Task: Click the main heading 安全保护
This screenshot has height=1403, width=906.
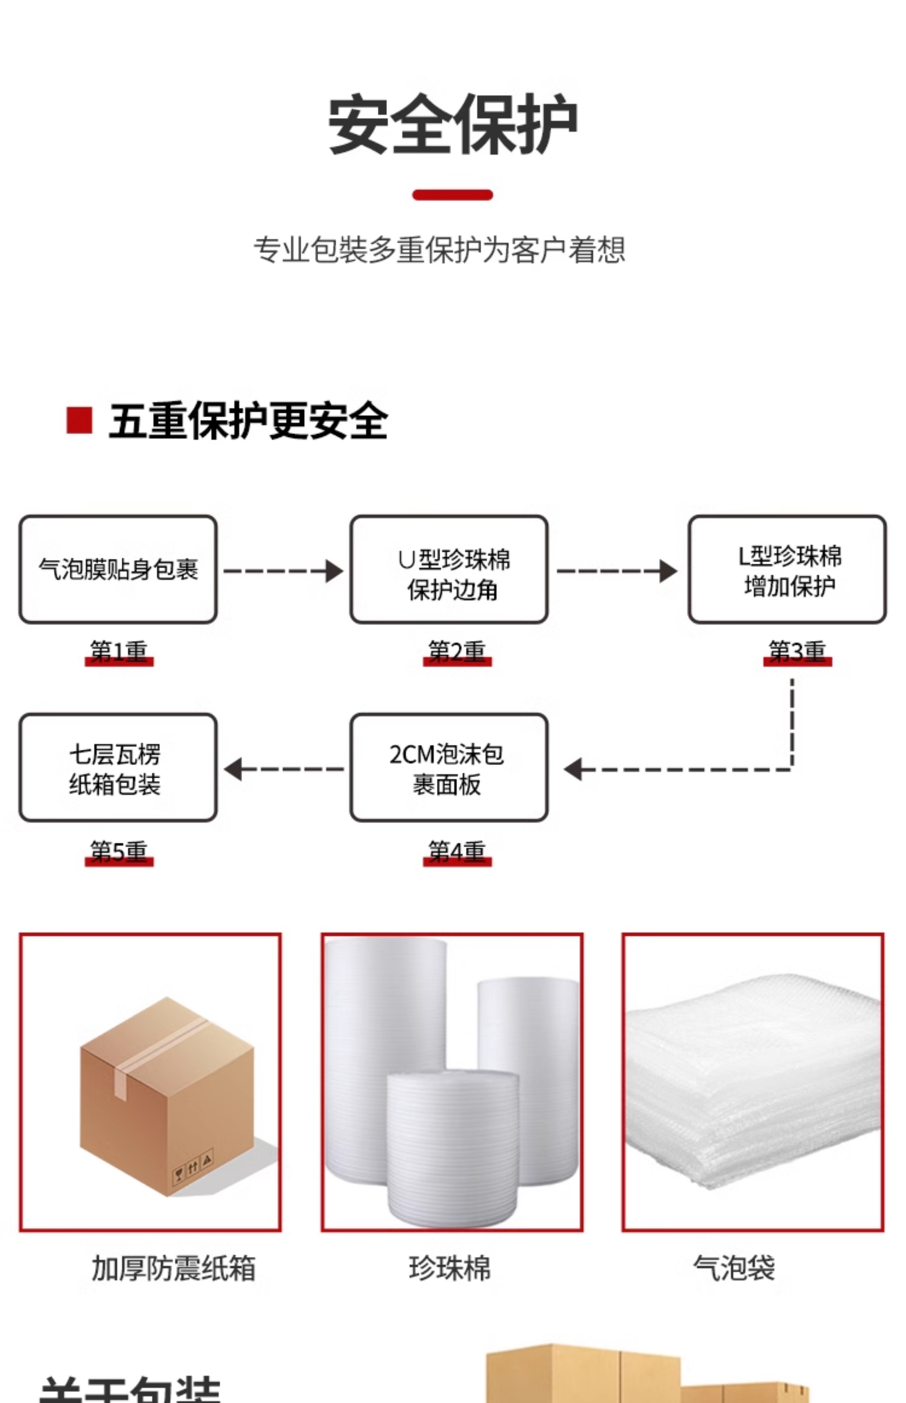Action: pyautogui.click(x=452, y=125)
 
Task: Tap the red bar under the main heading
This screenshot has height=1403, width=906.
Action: pyautogui.click(x=452, y=195)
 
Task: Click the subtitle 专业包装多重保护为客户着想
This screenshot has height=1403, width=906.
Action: pyautogui.click(x=439, y=250)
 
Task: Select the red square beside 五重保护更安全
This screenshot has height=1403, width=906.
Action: pyautogui.click(x=79, y=420)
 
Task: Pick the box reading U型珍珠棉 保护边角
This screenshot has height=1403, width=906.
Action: pyautogui.click(x=449, y=570)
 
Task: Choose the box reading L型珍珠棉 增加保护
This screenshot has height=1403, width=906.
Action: pyautogui.click(x=787, y=570)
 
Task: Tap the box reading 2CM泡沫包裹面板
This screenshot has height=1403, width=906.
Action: pyautogui.click(x=449, y=768)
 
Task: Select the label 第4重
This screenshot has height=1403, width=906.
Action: pyautogui.click(x=457, y=852)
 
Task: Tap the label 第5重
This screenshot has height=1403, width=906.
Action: pyautogui.click(x=119, y=852)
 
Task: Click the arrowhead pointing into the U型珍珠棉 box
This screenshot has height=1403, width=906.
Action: pyautogui.click(x=334, y=571)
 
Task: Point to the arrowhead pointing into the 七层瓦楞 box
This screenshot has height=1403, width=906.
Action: pyautogui.click(x=233, y=769)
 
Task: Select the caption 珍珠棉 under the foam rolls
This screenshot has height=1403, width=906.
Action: pyautogui.click(x=450, y=1268)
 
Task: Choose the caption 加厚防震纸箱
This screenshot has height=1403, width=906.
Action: pyautogui.click(x=174, y=1268)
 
